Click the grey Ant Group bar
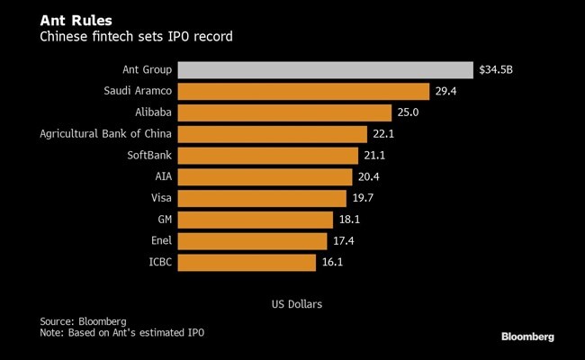coord(325,70)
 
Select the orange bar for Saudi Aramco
coord(303,91)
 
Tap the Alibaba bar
coord(285,112)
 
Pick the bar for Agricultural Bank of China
coord(273,134)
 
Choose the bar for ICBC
coord(247,262)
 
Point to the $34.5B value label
coord(498,70)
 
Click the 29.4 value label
coord(445,91)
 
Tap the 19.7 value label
coord(363,198)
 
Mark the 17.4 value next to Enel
coord(344,241)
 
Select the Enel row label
coord(160,241)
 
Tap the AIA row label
coord(163,176)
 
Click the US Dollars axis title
coord(296,304)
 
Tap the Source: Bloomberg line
coord(83,321)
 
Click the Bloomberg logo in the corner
coord(527,336)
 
